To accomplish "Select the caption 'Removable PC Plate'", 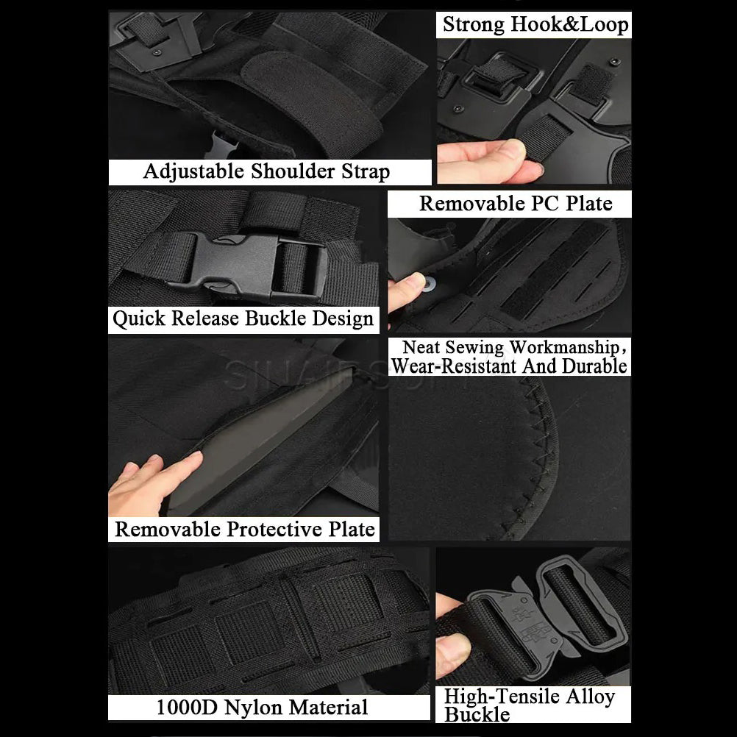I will pyautogui.click(x=516, y=204).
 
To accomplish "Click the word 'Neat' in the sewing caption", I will pyautogui.click(x=422, y=347).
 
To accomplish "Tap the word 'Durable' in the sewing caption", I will pyautogui.click(x=594, y=366).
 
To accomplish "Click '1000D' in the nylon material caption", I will pyautogui.click(x=189, y=708).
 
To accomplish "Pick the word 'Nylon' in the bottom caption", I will pyautogui.click(x=254, y=708).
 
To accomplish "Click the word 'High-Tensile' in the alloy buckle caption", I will pyautogui.click(x=501, y=697).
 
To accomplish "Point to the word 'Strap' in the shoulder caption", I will pyautogui.click(x=366, y=172).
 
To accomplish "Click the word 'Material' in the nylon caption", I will pyautogui.click(x=328, y=708).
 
